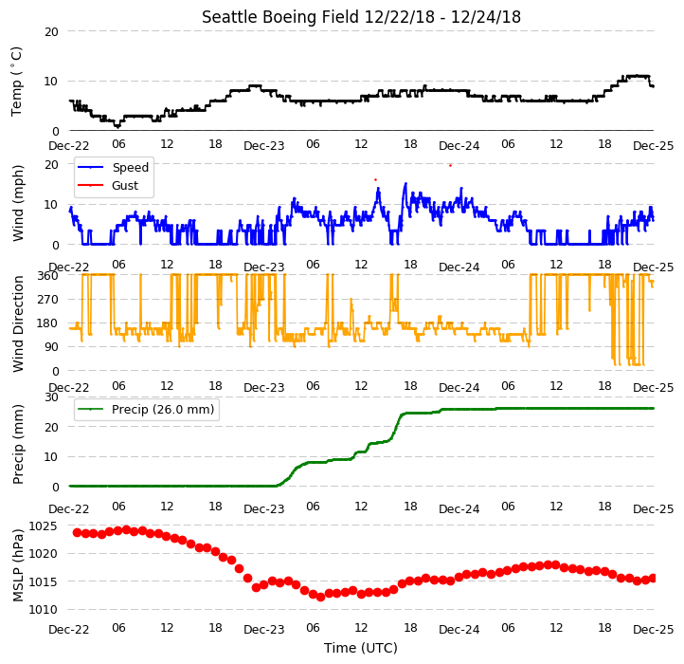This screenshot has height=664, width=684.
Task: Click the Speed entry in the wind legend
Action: (131, 167)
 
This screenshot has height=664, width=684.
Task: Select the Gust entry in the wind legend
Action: (125, 185)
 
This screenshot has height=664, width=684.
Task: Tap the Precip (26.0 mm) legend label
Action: (163, 410)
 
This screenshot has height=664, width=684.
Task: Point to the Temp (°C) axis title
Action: (16, 82)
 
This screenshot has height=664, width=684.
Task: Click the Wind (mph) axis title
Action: (18, 203)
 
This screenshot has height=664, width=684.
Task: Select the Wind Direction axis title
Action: (18, 324)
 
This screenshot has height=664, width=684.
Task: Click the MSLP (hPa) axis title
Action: (18, 565)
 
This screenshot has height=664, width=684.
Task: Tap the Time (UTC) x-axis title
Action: (361, 648)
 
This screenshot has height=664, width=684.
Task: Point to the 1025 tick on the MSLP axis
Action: (43, 526)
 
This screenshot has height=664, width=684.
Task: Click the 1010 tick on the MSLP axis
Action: (43, 609)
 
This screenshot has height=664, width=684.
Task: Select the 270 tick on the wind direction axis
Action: (48, 300)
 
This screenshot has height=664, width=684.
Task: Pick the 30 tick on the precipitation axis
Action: (51, 397)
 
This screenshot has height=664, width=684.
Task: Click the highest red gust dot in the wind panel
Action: (450, 166)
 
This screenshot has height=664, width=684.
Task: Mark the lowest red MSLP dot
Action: (320, 597)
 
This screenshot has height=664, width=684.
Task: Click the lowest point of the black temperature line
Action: (117, 126)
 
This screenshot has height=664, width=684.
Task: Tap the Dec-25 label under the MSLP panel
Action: (653, 630)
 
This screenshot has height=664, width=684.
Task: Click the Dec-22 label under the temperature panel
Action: (68, 145)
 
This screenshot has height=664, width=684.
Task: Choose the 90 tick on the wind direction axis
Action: (51, 347)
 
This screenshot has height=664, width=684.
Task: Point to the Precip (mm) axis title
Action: (18, 445)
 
